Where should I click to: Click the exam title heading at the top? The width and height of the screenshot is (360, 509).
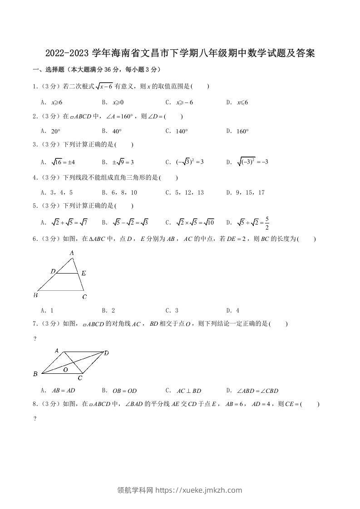(180, 54)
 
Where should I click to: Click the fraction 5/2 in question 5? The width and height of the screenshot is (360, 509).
(267, 223)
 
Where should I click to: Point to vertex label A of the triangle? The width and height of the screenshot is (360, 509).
(71, 253)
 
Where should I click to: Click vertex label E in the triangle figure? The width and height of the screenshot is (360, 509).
(84, 273)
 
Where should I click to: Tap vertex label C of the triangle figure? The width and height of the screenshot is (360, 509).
(84, 297)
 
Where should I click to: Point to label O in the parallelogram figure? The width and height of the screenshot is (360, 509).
(66, 370)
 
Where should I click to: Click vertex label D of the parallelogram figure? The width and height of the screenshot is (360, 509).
(106, 352)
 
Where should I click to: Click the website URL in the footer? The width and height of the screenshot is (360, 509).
(199, 490)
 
